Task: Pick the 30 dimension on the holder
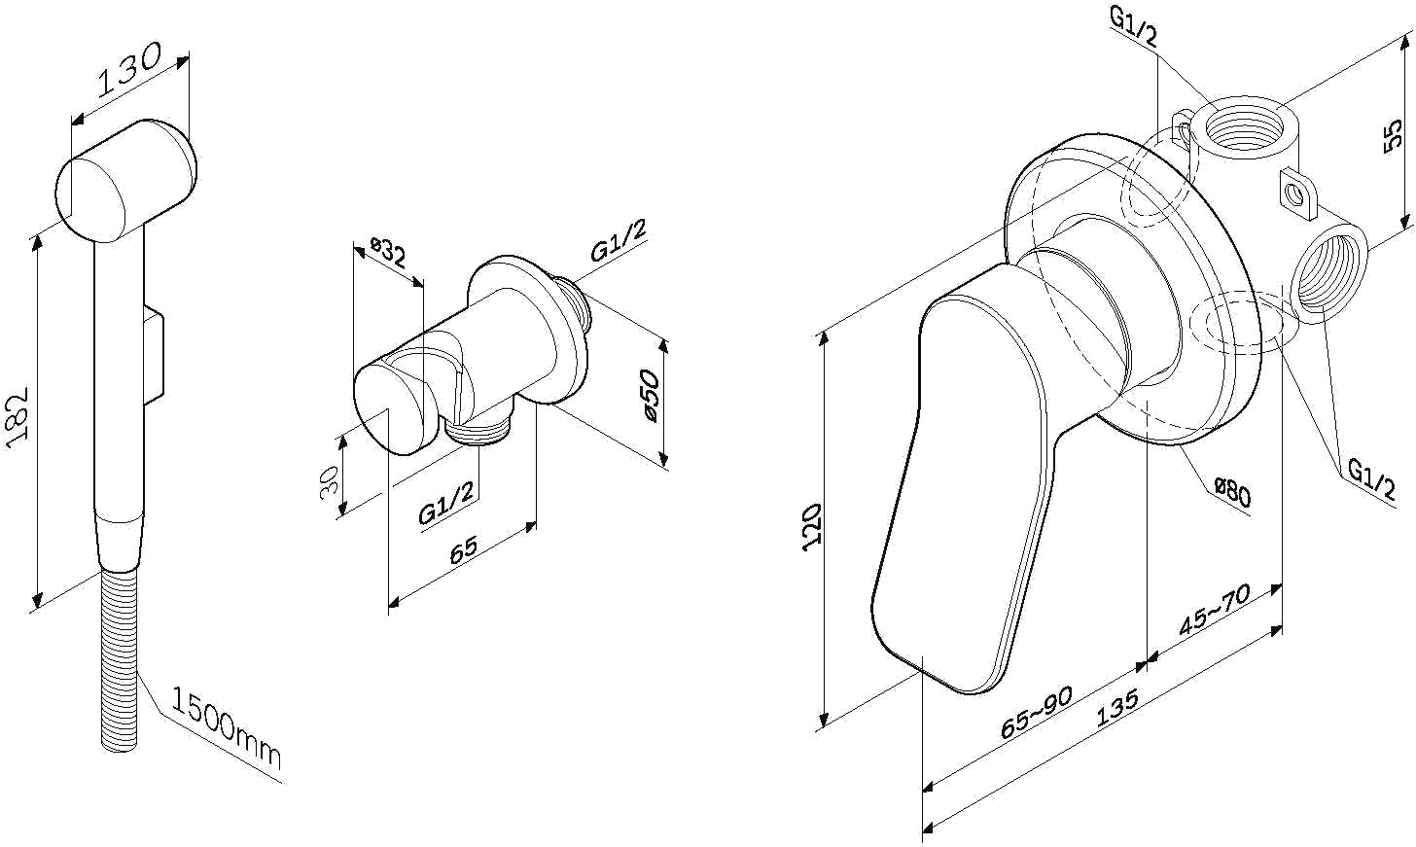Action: [x=329, y=482]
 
